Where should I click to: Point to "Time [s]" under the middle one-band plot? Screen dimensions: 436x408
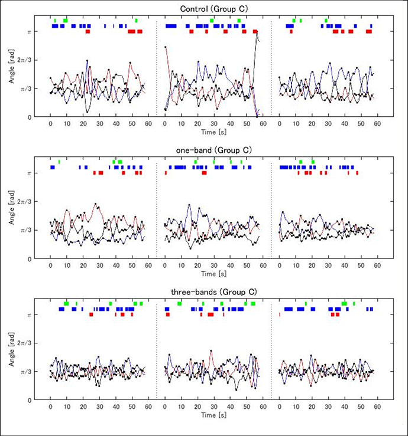point(212,274)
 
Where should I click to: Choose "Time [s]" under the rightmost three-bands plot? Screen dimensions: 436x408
point(327,416)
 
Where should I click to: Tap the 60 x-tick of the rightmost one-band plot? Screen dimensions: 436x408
point(377,267)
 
